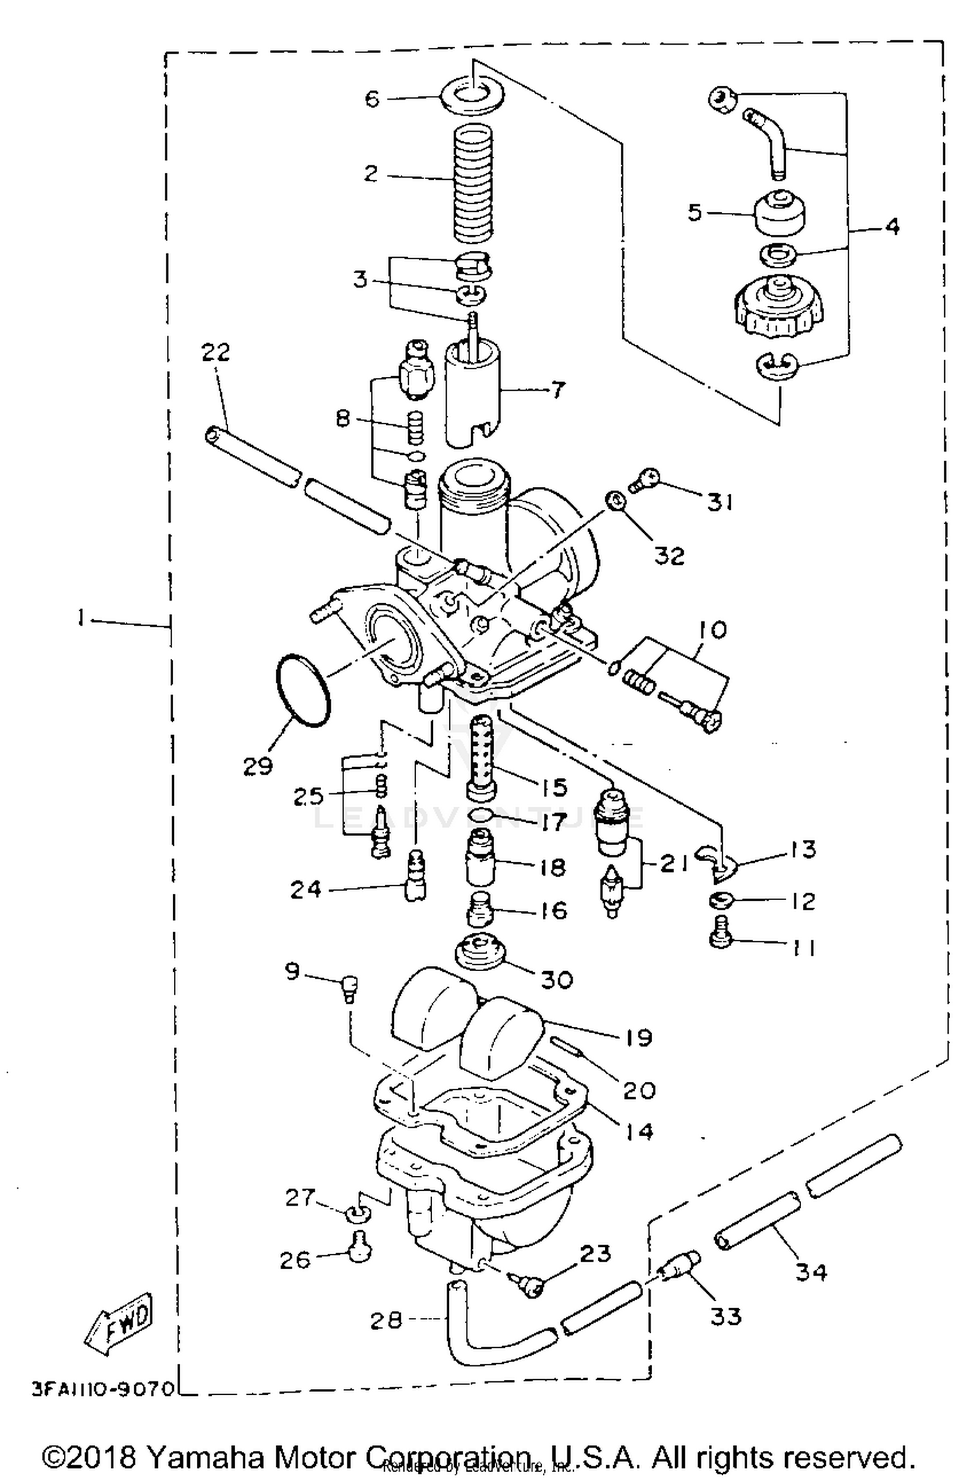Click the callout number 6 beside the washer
[372, 99]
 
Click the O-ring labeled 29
[303, 690]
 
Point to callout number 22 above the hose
[215, 352]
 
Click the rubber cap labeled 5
[779, 214]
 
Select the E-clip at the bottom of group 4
[777, 366]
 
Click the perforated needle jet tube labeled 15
[481, 757]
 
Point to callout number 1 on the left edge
[81, 618]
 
